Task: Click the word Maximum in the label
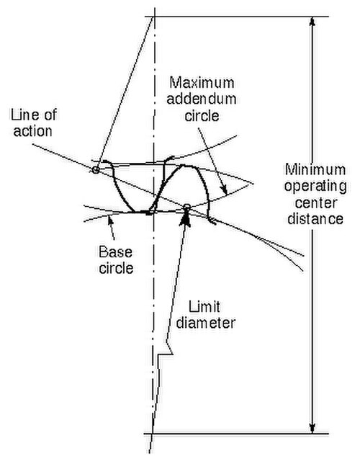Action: (x=202, y=83)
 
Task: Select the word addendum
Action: (x=202, y=99)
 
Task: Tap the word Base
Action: (x=115, y=252)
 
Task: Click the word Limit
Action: (x=204, y=307)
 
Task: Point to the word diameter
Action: (x=206, y=324)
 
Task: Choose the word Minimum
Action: (x=315, y=170)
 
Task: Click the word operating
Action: (x=315, y=187)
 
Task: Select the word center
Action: (x=316, y=203)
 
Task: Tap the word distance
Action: (x=315, y=219)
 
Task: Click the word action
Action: (x=32, y=131)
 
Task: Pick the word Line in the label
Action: (x=23, y=115)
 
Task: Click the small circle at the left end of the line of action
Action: (x=95, y=169)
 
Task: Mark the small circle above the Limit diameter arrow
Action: (x=187, y=208)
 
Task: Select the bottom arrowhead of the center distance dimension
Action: (x=312, y=427)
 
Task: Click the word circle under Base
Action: (x=116, y=268)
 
